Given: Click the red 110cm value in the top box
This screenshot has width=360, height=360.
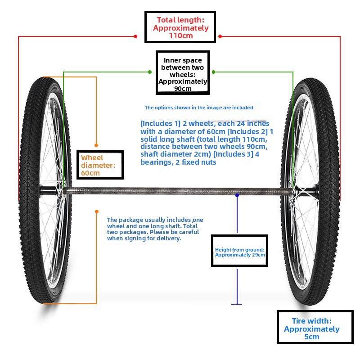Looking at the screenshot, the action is (x=181, y=36).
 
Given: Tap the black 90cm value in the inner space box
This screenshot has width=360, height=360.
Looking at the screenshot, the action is (x=183, y=89).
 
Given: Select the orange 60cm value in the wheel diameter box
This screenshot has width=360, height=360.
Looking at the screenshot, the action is (x=90, y=173).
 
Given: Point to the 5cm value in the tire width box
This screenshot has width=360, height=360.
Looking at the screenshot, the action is (x=311, y=337).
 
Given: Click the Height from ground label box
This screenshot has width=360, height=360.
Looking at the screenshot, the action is (x=239, y=251).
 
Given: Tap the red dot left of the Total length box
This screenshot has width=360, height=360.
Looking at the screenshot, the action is (x=135, y=36).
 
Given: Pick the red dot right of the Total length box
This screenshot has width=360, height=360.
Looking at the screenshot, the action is (x=220, y=36).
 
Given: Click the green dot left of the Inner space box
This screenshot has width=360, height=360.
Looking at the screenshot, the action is (x=150, y=72).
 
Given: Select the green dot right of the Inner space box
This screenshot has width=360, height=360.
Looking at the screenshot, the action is (x=213, y=72).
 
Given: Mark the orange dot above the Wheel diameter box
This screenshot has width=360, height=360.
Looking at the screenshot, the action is (x=96, y=145).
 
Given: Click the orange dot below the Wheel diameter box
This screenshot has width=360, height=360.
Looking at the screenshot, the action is (x=97, y=211).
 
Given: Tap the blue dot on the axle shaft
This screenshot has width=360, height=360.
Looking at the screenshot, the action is (x=237, y=195).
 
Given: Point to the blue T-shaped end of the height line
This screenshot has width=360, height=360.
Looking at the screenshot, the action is (x=237, y=304).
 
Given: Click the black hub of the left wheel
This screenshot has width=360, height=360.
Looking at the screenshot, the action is (x=48, y=191).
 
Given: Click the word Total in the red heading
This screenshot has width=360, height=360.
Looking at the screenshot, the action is (x=166, y=20).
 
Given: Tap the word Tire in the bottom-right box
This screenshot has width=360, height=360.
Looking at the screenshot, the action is (x=298, y=321).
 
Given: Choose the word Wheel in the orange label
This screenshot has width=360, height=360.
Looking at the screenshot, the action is (x=92, y=158).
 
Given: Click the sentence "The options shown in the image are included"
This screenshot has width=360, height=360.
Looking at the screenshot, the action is (x=199, y=108).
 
